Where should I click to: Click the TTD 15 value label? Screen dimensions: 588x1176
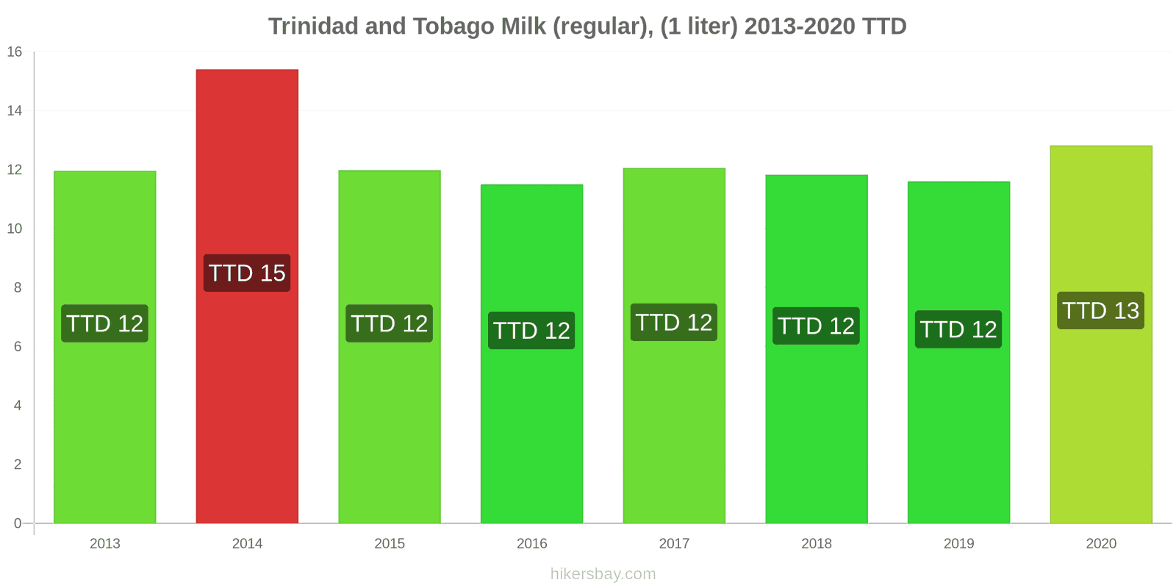[x=247, y=273]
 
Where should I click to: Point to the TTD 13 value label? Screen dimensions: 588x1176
[x=1100, y=310]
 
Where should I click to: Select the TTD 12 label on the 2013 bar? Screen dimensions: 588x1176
[x=104, y=323]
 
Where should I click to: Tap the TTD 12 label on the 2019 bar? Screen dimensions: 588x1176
[x=958, y=329]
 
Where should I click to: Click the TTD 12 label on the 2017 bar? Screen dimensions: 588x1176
[x=674, y=322]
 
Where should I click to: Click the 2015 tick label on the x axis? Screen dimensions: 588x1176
[x=390, y=544]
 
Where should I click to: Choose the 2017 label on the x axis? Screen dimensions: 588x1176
[x=674, y=544]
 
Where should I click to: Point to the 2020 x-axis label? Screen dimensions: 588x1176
[x=1100, y=544]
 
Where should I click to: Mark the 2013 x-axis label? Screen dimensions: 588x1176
[x=104, y=544]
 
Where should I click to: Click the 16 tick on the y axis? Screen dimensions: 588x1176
[x=15, y=51]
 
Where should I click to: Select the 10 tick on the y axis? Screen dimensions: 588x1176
[x=15, y=229]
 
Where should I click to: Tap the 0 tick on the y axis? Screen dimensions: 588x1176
[x=18, y=523]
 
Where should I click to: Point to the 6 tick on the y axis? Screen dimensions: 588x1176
[x=18, y=346]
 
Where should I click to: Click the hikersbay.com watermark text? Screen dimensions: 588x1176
[x=603, y=574]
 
